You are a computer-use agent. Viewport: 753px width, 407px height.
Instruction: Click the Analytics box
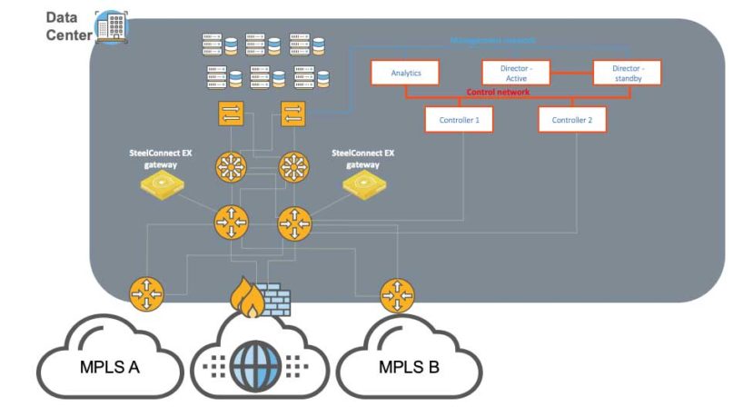click(x=406, y=73)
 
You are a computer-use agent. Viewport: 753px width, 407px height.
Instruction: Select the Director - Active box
click(x=517, y=73)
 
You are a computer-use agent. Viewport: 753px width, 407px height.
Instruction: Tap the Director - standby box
click(x=627, y=73)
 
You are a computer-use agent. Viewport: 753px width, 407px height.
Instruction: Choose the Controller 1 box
click(x=460, y=119)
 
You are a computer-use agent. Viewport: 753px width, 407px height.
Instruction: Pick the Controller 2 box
click(x=572, y=119)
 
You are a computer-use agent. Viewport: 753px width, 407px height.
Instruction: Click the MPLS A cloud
click(x=108, y=367)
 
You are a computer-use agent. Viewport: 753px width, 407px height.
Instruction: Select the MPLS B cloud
click(x=410, y=367)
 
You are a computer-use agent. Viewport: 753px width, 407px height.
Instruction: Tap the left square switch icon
click(x=226, y=114)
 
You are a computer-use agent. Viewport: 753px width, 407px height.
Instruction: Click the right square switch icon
click(x=292, y=114)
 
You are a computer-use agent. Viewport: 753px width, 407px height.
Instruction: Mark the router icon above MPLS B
click(x=396, y=293)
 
